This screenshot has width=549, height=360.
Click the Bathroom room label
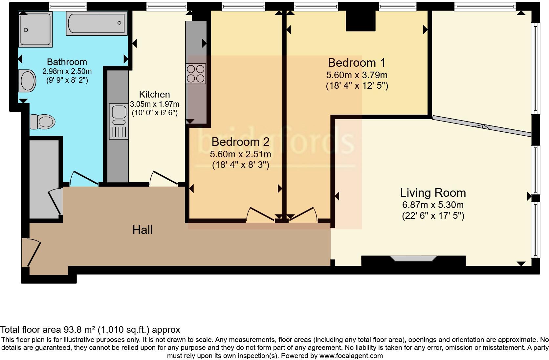(x=67, y=62)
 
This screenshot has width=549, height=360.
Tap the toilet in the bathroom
(x=42, y=122)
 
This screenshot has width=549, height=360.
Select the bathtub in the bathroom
(x=97, y=23)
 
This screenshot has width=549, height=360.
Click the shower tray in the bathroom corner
(x=35, y=29)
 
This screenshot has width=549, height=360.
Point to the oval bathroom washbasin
(x=27, y=81)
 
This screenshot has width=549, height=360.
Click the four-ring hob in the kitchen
(x=196, y=74)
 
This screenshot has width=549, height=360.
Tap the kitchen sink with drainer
(x=119, y=121)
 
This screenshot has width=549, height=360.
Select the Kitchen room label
(x=154, y=94)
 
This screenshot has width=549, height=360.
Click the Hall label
(x=143, y=230)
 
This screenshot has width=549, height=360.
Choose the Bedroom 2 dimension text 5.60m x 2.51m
(x=240, y=154)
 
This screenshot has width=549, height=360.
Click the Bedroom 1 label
(x=357, y=62)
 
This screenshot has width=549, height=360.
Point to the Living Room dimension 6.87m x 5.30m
(x=433, y=205)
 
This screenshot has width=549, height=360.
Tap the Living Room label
(x=433, y=193)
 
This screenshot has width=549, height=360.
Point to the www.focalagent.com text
(x=351, y=356)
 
